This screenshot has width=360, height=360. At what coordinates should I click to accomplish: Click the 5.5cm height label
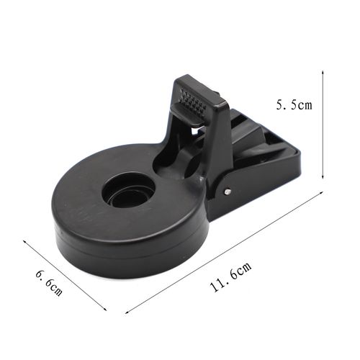pos(294,105)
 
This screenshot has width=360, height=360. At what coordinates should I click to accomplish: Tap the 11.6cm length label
pos(231,276)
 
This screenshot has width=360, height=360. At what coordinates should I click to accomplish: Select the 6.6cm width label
pos(49,283)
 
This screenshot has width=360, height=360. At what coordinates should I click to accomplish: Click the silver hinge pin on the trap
pos(228,192)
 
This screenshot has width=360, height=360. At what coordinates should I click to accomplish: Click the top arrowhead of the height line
pos(323,72)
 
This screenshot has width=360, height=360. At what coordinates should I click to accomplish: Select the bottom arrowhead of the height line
pos(323,177)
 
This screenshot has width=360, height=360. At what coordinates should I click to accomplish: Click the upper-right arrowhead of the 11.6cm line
pos(321,192)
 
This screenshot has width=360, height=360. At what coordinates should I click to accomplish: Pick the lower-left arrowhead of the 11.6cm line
pos(127,312)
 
